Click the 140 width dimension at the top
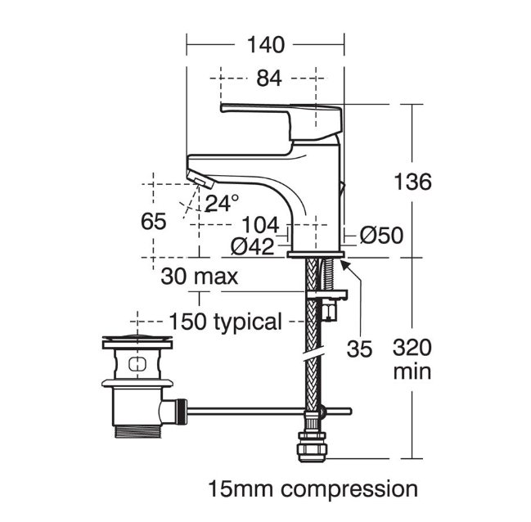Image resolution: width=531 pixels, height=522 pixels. pyautogui.click(x=266, y=45)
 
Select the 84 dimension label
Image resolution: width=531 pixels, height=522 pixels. pyautogui.click(x=269, y=79)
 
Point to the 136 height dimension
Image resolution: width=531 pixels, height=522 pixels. pyautogui.click(x=413, y=182)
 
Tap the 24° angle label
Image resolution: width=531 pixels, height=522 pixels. pyautogui.click(x=222, y=203)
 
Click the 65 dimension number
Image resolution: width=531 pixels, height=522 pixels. pyautogui.click(x=153, y=221)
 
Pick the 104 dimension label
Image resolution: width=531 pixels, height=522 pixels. pyautogui.click(x=261, y=224)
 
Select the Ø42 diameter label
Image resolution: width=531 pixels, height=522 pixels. pyautogui.click(x=252, y=246)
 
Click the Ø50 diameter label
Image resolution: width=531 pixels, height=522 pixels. pyautogui.click(x=381, y=235)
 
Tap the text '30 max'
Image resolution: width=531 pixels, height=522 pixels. pyautogui.click(x=200, y=276)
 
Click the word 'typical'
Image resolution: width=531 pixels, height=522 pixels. pyautogui.click(x=248, y=322)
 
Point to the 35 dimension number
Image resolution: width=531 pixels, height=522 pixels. pyautogui.click(x=359, y=349)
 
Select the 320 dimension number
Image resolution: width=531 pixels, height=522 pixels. pyautogui.click(x=412, y=348)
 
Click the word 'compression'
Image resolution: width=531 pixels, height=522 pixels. pyautogui.click(x=349, y=490)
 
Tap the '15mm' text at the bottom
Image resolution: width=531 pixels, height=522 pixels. pyautogui.click(x=240, y=489)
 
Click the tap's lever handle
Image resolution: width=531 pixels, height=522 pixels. pyautogui.click(x=281, y=121)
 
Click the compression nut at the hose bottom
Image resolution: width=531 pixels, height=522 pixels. pyautogui.click(x=310, y=447)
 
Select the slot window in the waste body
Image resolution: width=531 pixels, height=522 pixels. pyautogui.click(x=137, y=364)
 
